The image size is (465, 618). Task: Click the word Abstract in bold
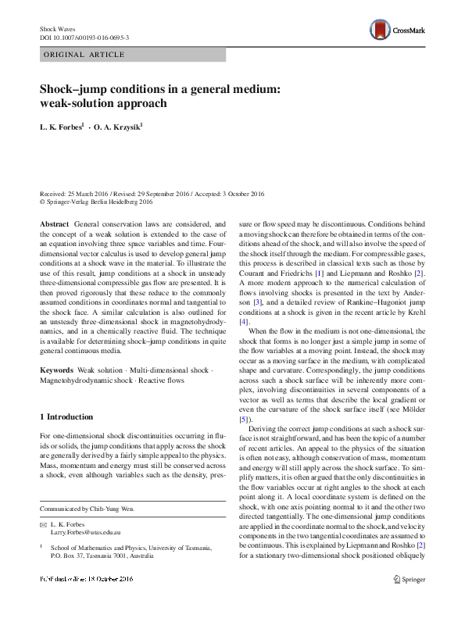(x=55, y=223)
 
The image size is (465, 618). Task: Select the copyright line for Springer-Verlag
(x=96, y=201)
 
